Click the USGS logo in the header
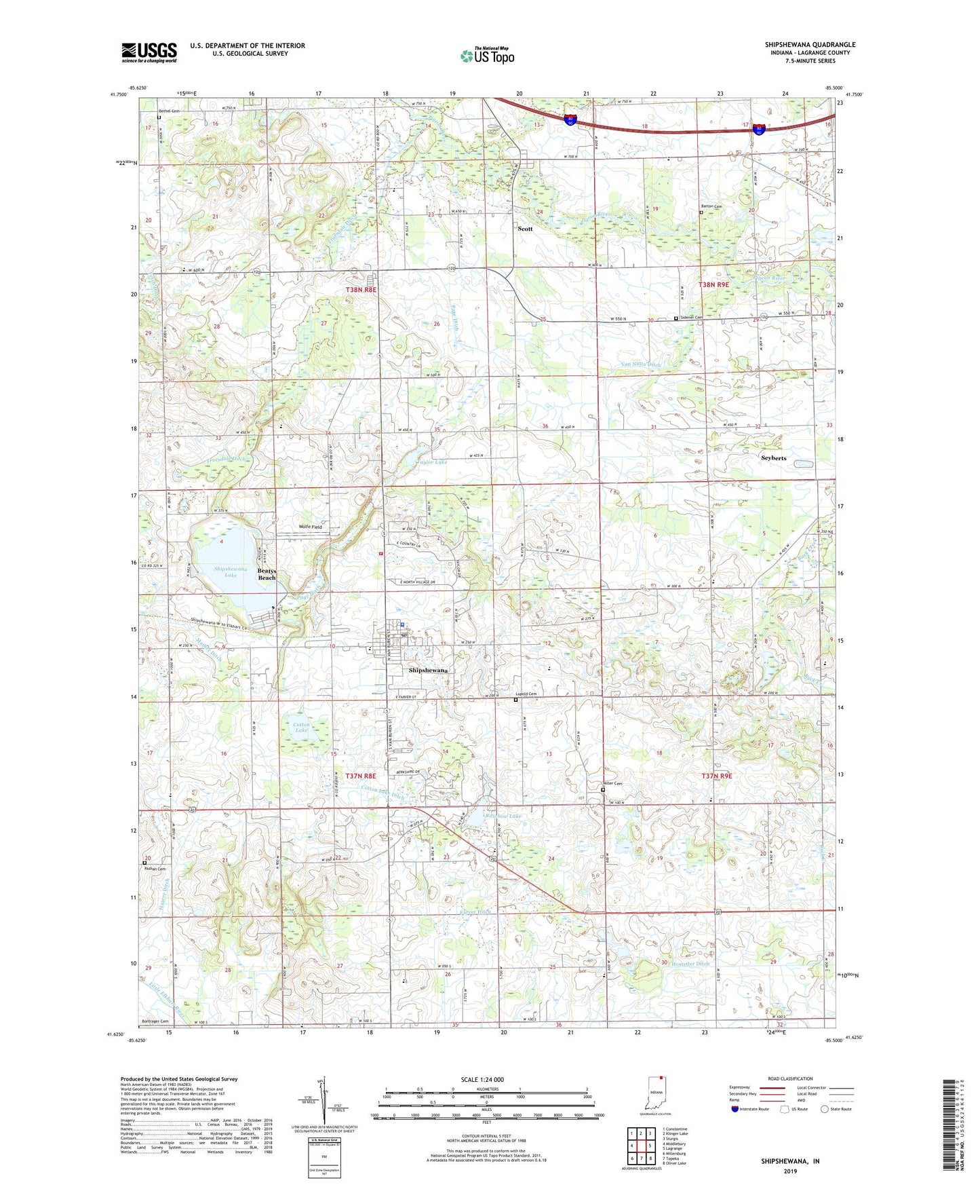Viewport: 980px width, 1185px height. point(149,52)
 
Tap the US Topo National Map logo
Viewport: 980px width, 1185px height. point(486,56)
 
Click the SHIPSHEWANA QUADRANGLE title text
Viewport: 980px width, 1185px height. point(810,45)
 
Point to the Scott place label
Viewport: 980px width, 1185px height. point(525,229)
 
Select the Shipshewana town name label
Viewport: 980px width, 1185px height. point(428,670)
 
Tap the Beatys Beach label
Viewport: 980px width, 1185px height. point(267,574)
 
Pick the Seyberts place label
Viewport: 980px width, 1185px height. point(773,458)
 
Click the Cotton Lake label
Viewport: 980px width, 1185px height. point(301,727)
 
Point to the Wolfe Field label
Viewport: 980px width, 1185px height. point(310,527)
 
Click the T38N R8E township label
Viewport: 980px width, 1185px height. point(361,289)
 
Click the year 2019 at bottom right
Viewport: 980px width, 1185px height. point(790,1171)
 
